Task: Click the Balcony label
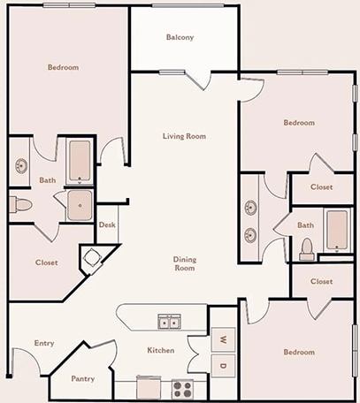tap(180, 37)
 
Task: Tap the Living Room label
tap(184, 136)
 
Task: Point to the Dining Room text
tap(184, 263)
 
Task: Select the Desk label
tap(107, 224)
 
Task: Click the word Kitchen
tap(161, 351)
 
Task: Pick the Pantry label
tap(83, 378)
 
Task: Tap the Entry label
tap(44, 343)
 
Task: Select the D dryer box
tap(224, 366)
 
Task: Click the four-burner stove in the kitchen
tap(182, 388)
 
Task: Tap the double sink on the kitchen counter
tap(169, 322)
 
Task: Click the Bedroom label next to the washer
tap(298, 352)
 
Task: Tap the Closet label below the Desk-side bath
tap(47, 262)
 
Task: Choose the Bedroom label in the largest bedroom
tap(63, 68)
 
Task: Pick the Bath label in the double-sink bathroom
tap(305, 224)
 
